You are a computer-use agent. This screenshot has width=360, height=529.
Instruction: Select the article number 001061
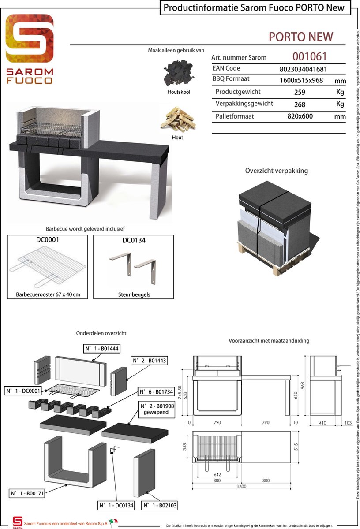(309, 56)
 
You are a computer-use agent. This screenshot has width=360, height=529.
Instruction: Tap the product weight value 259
(300, 93)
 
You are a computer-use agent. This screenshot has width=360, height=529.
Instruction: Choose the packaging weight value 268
(300, 104)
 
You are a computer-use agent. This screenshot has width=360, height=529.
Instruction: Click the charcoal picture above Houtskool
(178, 73)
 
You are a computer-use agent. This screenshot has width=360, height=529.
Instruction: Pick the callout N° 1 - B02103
(159, 505)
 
